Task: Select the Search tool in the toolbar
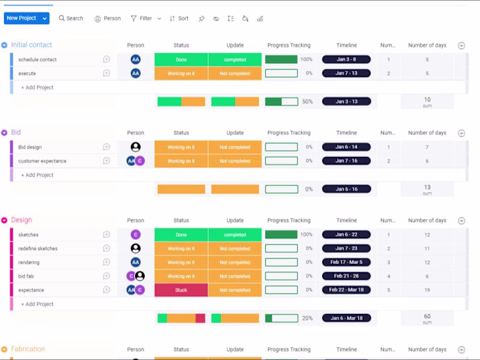pyautogui.click(x=71, y=19)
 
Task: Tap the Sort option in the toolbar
pyautogui.click(x=179, y=19)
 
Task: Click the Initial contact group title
pyautogui.click(x=32, y=45)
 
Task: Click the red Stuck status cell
pyautogui.click(x=181, y=290)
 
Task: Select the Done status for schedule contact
pyautogui.click(x=181, y=60)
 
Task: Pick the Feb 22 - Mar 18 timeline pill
pyautogui.click(x=346, y=290)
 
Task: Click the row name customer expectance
pyautogui.click(x=43, y=161)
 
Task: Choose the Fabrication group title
pyautogui.click(x=28, y=349)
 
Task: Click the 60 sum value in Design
pyautogui.click(x=427, y=317)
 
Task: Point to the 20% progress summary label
pyautogui.click(x=308, y=318)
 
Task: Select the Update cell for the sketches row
pyautogui.click(x=235, y=235)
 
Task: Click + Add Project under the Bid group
pyautogui.click(x=37, y=175)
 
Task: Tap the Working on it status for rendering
pyautogui.click(x=181, y=263)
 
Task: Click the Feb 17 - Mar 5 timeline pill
pyautogui.click(x=346, y=263)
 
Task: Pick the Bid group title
pyautogui.click(x=16, y=132)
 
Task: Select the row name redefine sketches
pyautogui.click(x=38, y=248)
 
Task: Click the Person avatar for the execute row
pyautogui.click(x=136, y=73)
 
